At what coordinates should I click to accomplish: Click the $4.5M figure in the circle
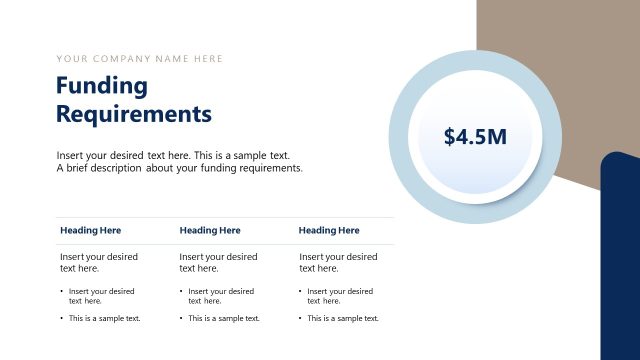coord(475,137)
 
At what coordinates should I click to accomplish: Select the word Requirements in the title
coord(134,114)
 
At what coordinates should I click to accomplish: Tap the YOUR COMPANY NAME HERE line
coord(140,59)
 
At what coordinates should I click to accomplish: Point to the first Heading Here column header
coord(90,231)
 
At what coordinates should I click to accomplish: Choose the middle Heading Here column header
coord(210,231)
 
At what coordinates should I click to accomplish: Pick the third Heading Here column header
coord(329,231)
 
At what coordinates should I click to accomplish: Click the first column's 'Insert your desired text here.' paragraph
coord(98,263)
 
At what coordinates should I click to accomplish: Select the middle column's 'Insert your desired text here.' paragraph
coord(218,263)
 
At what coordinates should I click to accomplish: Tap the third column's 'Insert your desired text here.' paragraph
coord(338,263)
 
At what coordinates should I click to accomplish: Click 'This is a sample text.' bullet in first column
coord(104,318)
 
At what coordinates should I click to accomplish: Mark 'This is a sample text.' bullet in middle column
coord(224,318)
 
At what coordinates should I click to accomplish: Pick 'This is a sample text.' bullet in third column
coord(343,318)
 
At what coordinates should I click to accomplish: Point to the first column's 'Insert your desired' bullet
coord(101,296)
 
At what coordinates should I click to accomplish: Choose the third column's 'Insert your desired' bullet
coord(340,296)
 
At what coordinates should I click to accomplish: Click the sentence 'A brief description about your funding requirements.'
coord(180,168)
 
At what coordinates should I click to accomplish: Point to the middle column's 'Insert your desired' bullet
coord(221,296)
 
